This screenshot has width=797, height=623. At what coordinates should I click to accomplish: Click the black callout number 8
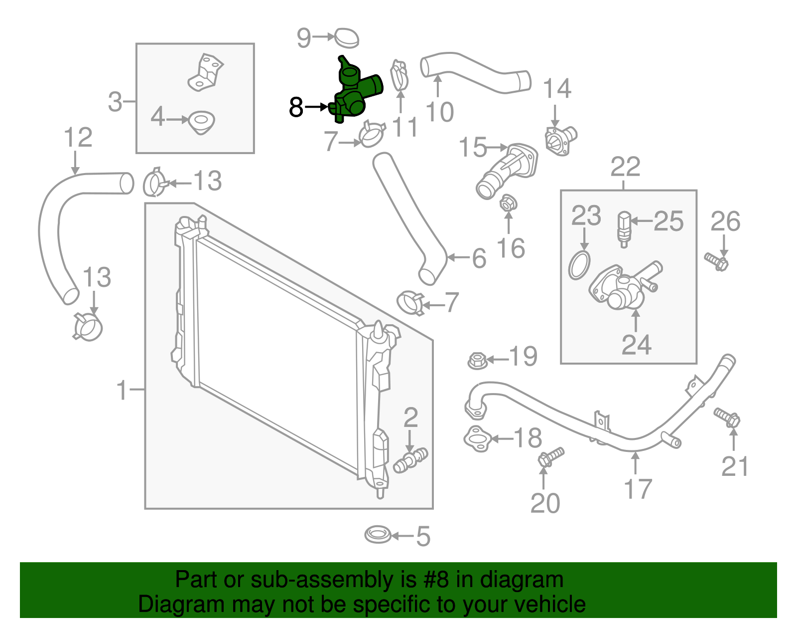(296, 107)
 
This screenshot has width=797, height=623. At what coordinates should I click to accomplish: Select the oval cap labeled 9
(347, 38)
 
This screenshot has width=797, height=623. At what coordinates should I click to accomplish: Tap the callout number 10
(440, 112)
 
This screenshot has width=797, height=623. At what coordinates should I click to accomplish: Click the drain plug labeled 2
(410, 460)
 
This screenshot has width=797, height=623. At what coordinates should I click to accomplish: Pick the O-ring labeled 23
(579, 265)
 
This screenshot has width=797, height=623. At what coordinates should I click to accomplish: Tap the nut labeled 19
(477, 360)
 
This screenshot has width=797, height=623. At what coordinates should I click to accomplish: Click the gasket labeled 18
(478, 439)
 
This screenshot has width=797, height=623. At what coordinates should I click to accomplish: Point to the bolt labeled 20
(550, 457)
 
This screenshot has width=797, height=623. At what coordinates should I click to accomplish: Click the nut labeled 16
(508, 203)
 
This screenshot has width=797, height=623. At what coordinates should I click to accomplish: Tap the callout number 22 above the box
(626, 167)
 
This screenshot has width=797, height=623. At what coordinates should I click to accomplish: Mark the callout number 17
(638, 489)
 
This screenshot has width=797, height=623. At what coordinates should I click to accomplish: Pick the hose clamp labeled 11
(399, 76)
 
